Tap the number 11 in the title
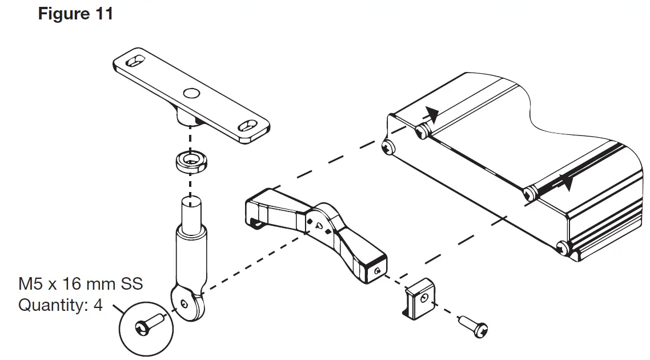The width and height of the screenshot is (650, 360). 103,14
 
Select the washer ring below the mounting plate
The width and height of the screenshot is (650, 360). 188,162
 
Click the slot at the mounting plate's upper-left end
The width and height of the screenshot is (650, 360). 136,61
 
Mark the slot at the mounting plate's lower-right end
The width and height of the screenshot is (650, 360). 247,125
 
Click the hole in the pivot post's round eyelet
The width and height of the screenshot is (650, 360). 184,303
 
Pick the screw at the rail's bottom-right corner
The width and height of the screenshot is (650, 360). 563,248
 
